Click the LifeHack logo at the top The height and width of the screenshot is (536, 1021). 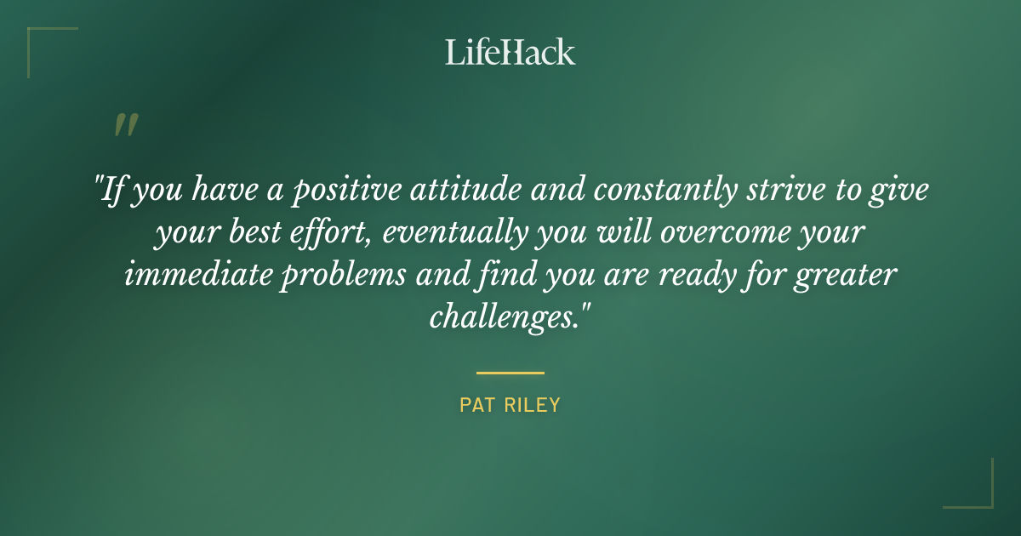[x=510, y=53]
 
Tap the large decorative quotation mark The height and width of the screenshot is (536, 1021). [x=126, y=125]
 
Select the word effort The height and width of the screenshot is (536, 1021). [x=329, y=232]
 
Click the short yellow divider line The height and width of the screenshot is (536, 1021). [x=510, y=373]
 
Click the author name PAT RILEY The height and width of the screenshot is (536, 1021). [x=510, y=405]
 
